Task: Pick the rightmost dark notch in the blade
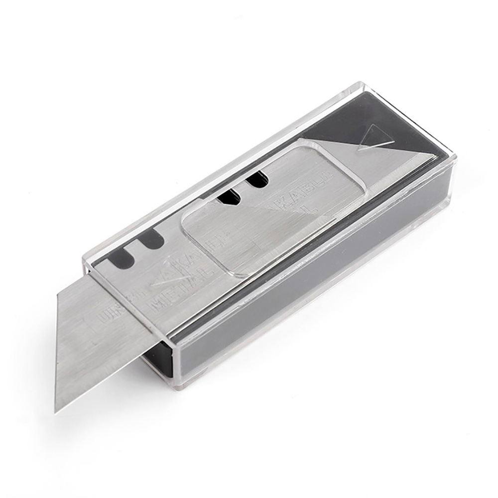[256, 180]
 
